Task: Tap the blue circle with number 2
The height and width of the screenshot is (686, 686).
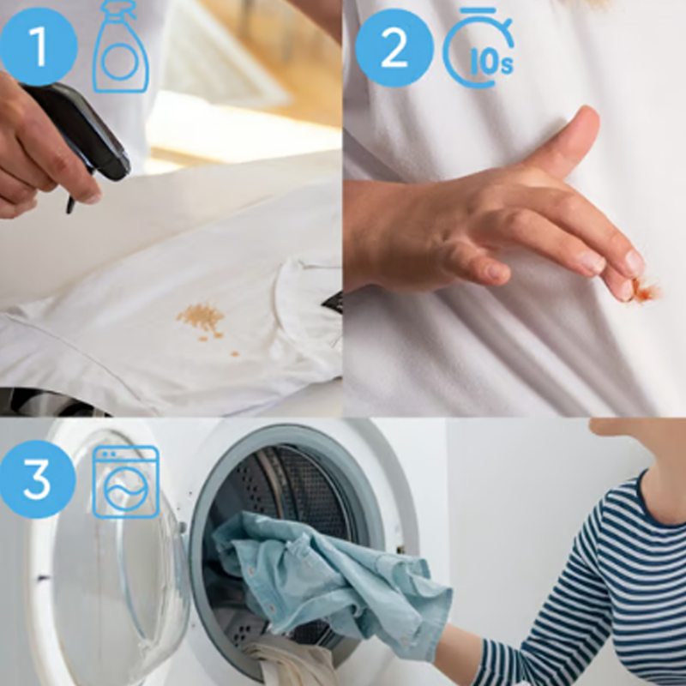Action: [x=394, y=49]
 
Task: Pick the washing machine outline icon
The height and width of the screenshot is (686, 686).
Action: [x=126, y=482]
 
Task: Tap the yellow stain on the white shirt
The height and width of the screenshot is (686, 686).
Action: [x=202, y=319]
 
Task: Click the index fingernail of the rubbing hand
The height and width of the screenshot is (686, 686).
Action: [x=634, y=262]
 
